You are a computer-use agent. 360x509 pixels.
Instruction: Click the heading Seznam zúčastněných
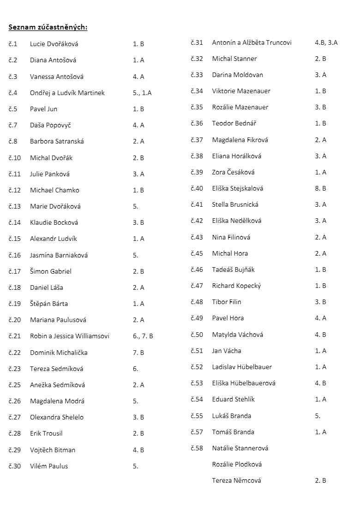pyautogui.click(x=48, y=27)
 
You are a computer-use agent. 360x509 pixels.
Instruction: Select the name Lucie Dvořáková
pyautogui.click(x=54, y=44)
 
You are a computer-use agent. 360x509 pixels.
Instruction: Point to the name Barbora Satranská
pyautogui.click(x=57, y=141)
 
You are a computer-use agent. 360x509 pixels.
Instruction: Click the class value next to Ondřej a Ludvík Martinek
pyautogui.click(x=142, y=93)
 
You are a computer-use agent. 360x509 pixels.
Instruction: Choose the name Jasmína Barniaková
pyautogui.click(x=59, y=255)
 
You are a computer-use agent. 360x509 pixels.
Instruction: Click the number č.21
pyautogui.click(x=15, y=336)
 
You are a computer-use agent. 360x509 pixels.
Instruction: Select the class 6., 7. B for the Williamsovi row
pyautogui.click(x=143, y=336)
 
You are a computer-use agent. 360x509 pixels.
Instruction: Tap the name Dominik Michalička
pyautogui.click(x=59, y=353)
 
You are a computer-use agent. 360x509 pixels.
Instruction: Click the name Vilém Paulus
pyautogui.click(x=49, y=466)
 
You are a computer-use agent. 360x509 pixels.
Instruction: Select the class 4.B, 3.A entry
pyautogui.click(x=326, y=42)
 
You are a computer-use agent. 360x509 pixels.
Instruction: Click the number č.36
pyautogui.click(x=197, y=123)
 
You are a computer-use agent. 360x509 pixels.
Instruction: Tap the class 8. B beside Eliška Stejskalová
pyautogui.click(x=321, y=188)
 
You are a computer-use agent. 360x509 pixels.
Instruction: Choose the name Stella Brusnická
pyautogui.click(x=235, y=204)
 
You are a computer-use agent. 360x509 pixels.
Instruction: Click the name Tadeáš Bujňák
pyautogui.click(x=234, y=269)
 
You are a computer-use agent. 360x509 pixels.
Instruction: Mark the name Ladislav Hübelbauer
pyautogui.click(x=242, y=367)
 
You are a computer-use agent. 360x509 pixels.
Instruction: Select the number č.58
pyautogui.click(x=197, y=448)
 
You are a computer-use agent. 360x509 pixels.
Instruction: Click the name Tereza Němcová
pyautogui.click(x=236, y=480)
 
